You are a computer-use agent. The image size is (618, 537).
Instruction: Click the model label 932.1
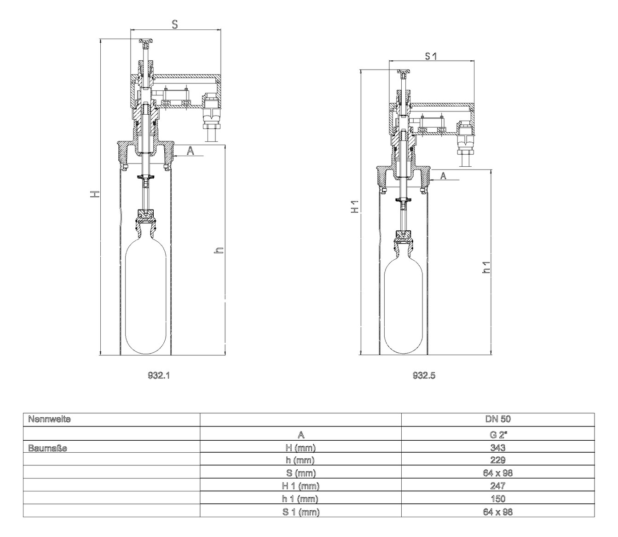pyautogui.click(x=159, y=375)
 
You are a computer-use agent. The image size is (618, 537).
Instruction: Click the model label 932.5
pyautogui.click(x=424, y=375)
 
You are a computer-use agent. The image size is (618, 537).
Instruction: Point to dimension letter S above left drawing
pyautogui.click(x=175, y=25)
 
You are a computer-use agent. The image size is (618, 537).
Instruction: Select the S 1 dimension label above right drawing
pyautogui.click(x=431, y=56)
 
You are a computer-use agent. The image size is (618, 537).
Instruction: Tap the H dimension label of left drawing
pyautogui.click(x=95, y=194)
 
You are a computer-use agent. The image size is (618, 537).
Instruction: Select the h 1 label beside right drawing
pyautogui.click(x=485, y=268)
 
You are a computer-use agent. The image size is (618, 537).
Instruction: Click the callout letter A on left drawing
pyautogui.click(x=191, y=150)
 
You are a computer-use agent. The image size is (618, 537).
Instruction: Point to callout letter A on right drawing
pyautogui.click(x=443, y=175)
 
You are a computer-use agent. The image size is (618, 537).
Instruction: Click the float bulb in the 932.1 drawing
pyautogui.click(x=145, y=295)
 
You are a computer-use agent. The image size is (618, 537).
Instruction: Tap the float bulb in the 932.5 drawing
pyautogui.click(x=404, y=306)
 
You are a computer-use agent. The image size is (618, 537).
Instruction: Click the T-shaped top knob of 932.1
pyautogui.click(x=146, y=43)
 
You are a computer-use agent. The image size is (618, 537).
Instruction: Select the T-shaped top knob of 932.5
pyautogui.click(x=404, y=73)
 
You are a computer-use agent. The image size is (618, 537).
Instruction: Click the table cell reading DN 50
pyautogui.click(x=498, y=419)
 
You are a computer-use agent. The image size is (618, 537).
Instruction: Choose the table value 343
pyautogui.click(x=498, y=447)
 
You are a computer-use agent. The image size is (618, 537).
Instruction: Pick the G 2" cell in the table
pyautogui.click(x=498, y=434)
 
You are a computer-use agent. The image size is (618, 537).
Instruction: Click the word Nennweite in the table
pyautogui.click(x=49, y=419)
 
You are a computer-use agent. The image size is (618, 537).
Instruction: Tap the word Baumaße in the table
pyautogui.click(x=47, y=447)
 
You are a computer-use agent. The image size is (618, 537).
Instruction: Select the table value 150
pyautogui.click(x=498, y=498)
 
